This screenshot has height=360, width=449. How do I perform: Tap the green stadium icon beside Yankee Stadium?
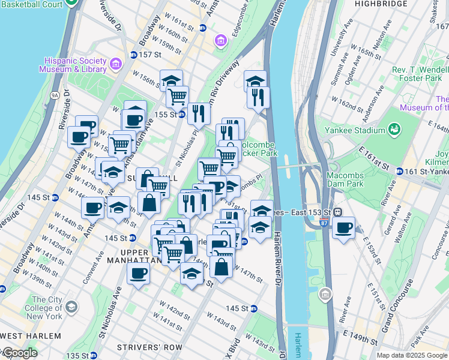coord(394,129)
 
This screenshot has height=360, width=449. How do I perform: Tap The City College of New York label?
coord(47,308)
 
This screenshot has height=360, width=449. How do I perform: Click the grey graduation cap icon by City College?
coord(71,308)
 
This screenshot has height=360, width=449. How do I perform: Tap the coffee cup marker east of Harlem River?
coord(343,228)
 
